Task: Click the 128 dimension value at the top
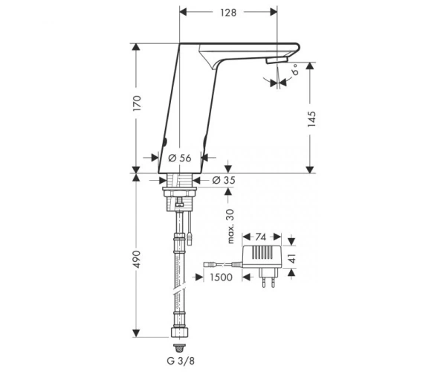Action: tap(228, 13)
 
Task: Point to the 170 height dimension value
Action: tap(137, 103)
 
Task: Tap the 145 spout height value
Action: tap(311, 119)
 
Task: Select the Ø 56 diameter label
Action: tap(180, 158)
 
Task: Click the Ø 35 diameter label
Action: tap(224, 180)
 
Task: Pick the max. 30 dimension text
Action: tap(230, 226)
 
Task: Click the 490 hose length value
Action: tap(137, 259)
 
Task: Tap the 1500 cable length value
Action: tap(221, 277)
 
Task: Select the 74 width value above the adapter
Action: tap(261, 237)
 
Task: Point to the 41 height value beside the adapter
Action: tap(293, 257)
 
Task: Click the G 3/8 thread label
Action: tap(181, 361)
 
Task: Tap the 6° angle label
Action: tap(296, 69)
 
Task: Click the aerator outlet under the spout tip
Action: tap(277, 60)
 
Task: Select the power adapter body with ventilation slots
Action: tap(262, 257)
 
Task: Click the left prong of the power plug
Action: tap(264, 281)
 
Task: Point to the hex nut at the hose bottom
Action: tap(180, 333)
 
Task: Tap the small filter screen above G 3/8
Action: tap(179, 347)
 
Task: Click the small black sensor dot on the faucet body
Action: tap(164, 141)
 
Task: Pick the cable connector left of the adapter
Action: tap(210, 264)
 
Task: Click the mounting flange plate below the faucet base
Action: tap(179, 189)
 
